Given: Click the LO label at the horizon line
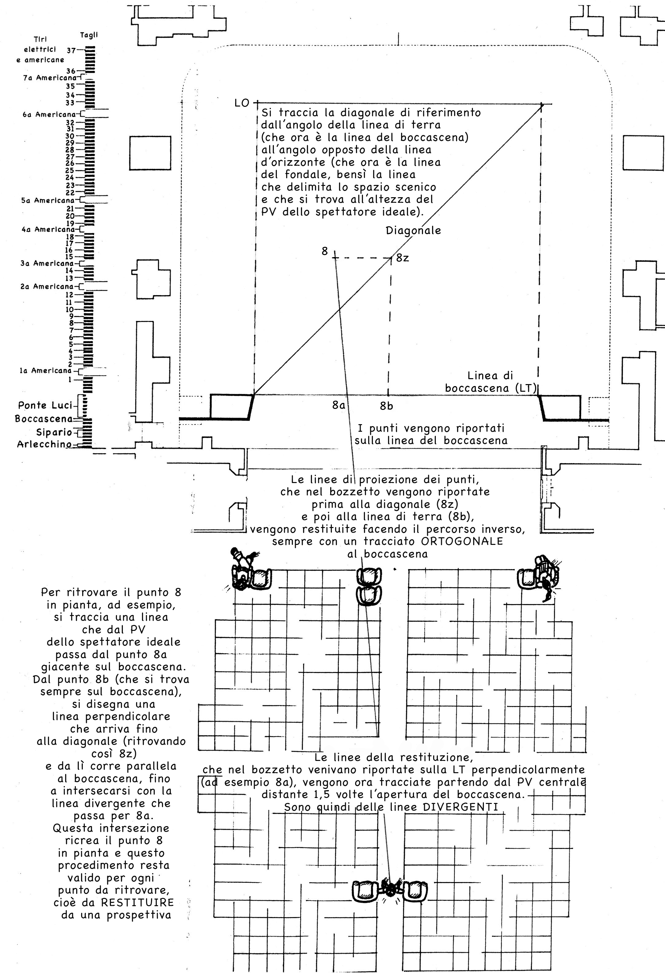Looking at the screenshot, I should click(242, 103).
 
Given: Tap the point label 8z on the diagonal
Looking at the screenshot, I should click(403, 258).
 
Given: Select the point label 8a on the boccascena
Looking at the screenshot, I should click(338, 405).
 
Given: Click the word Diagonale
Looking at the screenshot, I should click(413, 231).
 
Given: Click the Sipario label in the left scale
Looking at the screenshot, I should click(54, 432).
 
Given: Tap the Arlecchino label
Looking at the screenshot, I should click(44, 444).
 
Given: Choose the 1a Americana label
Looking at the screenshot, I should click(46, 371).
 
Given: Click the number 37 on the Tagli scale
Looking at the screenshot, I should click(71, 51).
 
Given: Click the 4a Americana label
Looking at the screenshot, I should click(49, 229).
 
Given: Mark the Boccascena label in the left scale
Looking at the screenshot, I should click(44, 419).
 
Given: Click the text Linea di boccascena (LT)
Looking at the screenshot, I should click(490, 382).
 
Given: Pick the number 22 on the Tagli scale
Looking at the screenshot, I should click(70, 193).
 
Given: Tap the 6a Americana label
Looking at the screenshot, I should click(49, 114).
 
